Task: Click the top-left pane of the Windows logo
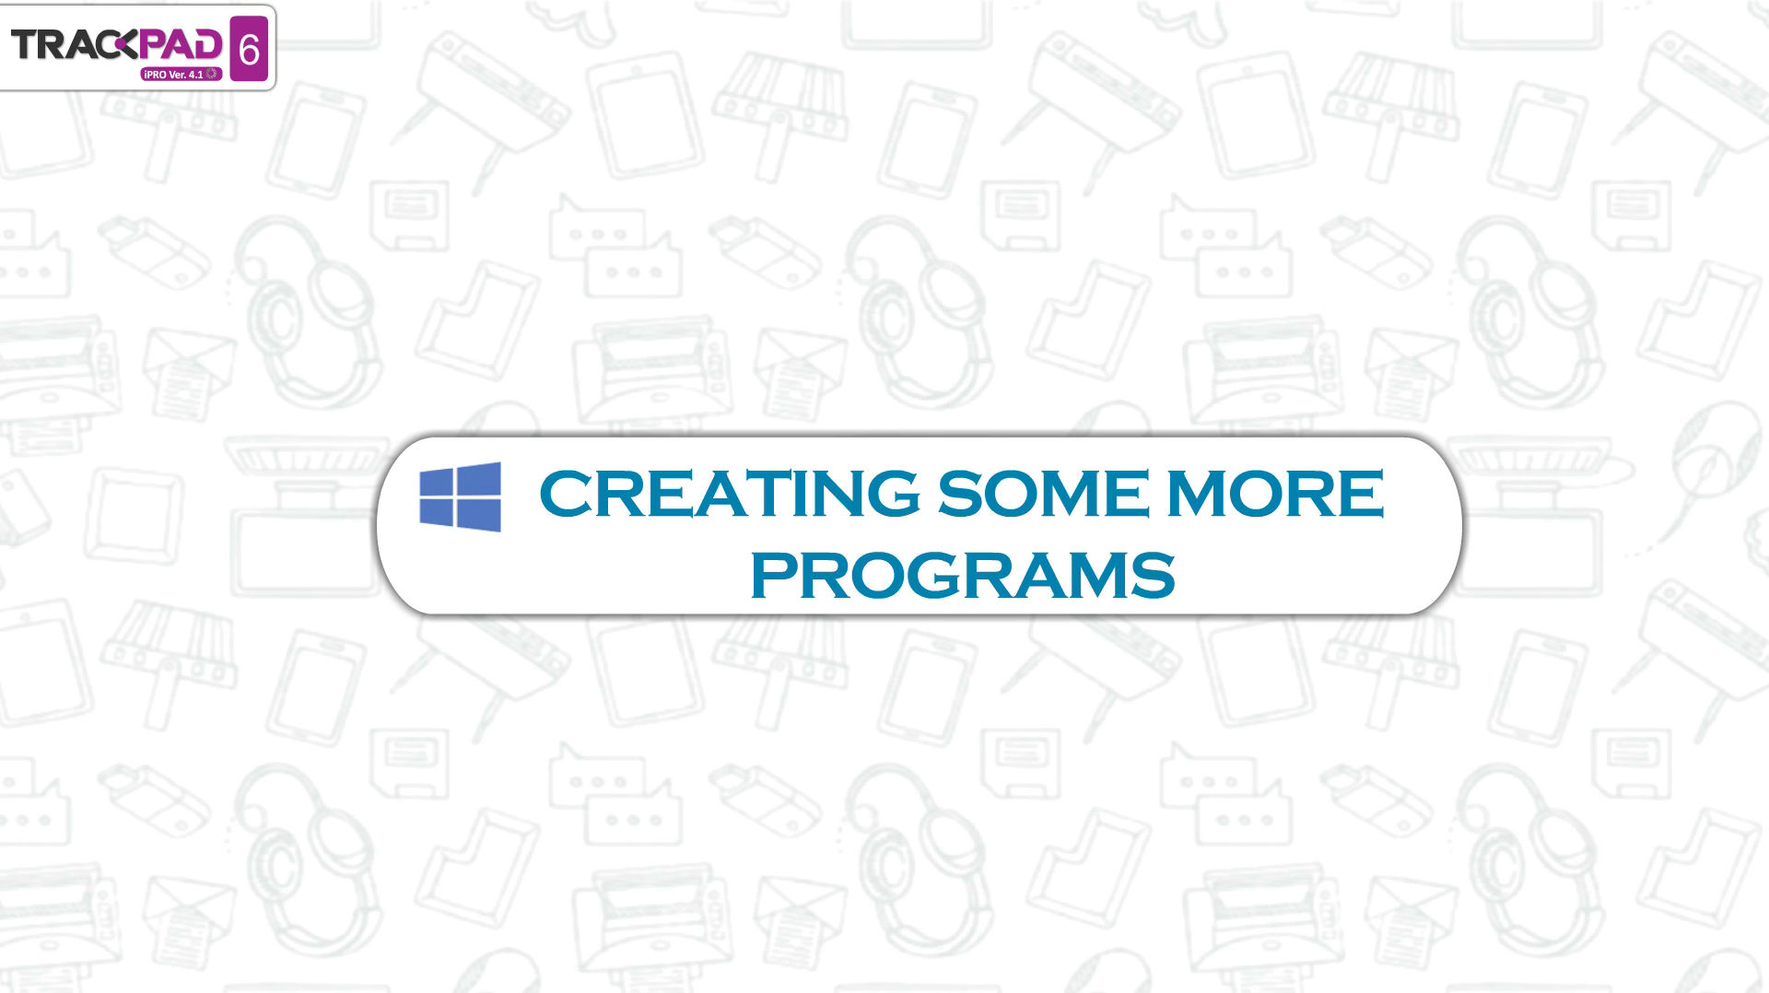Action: (439, 484)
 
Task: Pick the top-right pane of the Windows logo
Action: (480, 480)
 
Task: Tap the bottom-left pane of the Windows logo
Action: (439, 512)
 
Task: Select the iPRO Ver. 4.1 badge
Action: (181, 73)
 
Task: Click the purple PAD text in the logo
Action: (182, 43)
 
